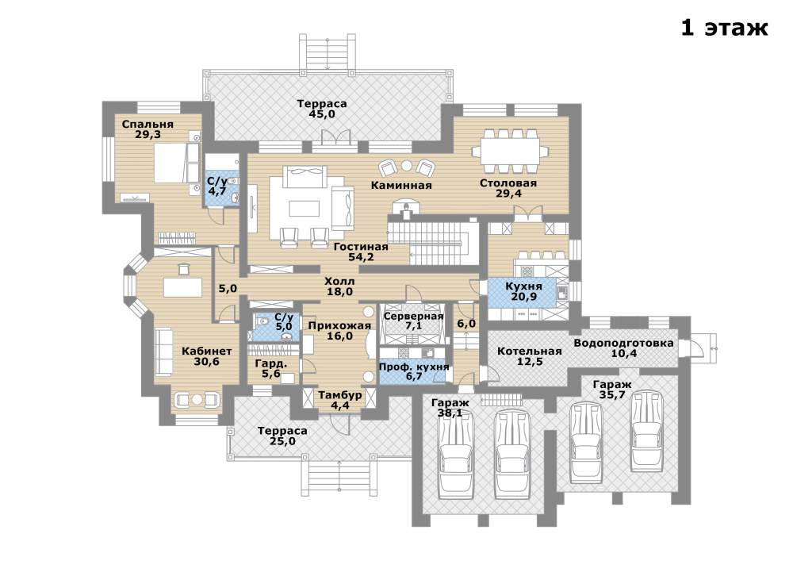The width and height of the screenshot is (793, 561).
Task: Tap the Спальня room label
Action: [147, 124]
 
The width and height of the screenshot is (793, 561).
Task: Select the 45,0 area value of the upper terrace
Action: [322, 114]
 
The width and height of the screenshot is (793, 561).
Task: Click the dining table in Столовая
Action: [510, 152]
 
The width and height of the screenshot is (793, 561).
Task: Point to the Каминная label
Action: [401, 185]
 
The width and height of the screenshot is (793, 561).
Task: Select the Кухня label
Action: [524, 286]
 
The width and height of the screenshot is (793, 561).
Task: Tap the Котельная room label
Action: [530, 351]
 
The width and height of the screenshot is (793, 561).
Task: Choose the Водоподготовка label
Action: [623, 343]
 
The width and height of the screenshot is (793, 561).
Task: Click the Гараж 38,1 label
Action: [450, 408]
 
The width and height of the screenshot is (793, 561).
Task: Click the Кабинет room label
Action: [207, 351]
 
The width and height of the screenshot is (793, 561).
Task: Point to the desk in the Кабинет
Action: [182, 287]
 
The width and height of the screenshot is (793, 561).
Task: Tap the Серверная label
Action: [414, 316]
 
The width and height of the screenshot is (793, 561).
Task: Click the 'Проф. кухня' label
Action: [414, 367]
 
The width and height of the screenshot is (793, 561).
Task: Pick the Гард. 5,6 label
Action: [271, 368]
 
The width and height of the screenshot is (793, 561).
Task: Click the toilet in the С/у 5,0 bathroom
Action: [262, 321]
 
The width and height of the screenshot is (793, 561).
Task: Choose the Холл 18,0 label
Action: [339, 286]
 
